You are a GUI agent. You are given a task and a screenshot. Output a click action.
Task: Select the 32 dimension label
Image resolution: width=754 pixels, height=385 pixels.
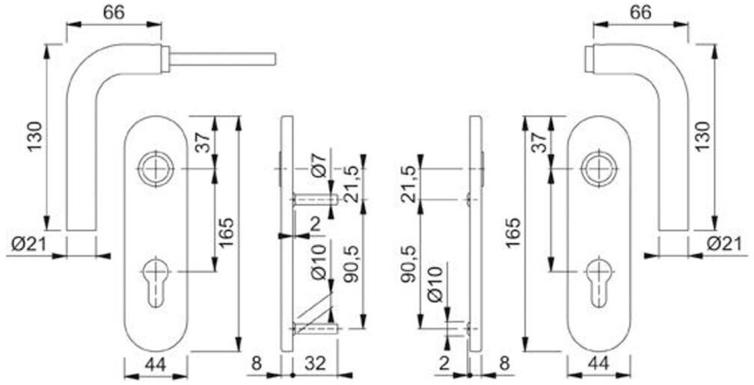click(316, 365)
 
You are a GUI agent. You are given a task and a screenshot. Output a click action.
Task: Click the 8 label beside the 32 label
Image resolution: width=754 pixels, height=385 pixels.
click(256, 365)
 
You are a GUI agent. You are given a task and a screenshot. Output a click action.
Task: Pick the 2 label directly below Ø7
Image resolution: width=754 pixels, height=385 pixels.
click(316, 223)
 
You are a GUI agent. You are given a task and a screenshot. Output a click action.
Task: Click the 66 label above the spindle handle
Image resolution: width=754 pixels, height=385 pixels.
click(113, 13)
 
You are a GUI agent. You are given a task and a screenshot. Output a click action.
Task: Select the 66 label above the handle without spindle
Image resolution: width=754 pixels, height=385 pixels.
click(640, 13)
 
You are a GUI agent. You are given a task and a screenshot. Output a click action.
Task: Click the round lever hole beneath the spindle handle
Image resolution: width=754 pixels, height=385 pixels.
click(155, 170)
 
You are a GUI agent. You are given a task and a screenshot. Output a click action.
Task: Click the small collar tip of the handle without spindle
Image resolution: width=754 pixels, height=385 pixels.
click(589, 60)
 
